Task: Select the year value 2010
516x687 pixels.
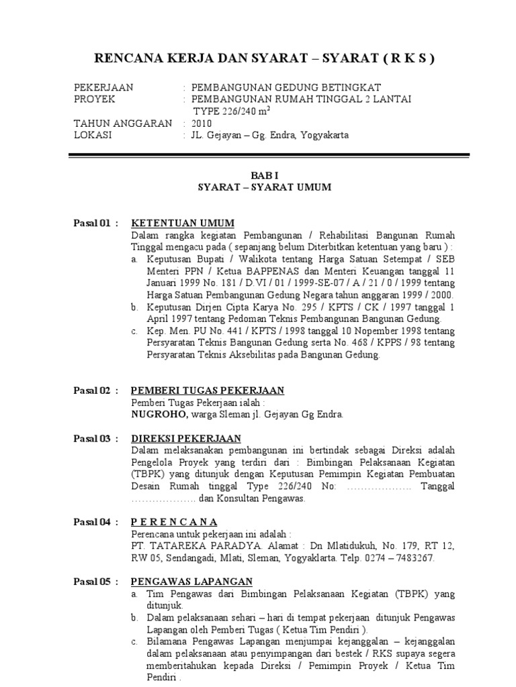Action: [202, 123]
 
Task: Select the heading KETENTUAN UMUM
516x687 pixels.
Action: [182, 223]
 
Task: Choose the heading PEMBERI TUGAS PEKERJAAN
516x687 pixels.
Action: [207, 390]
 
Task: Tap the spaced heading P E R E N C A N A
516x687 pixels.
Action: [174, 521]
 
